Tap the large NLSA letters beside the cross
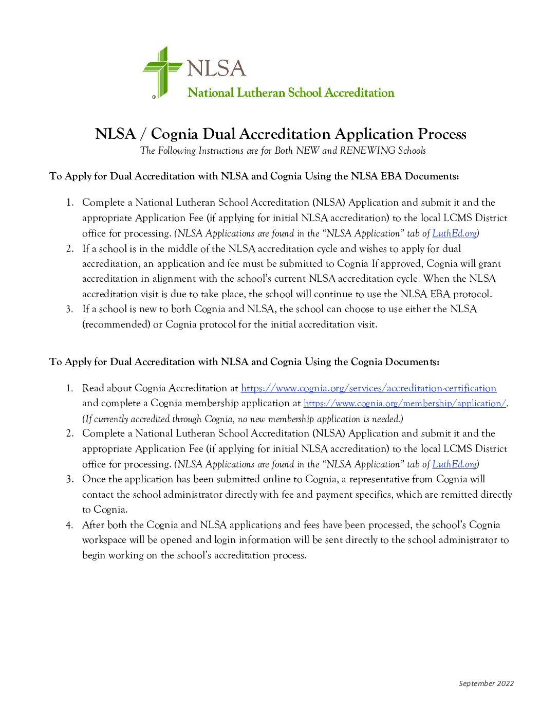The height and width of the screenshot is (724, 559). (x=216, y=68)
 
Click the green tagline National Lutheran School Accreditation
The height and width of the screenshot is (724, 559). (x=291, y=93)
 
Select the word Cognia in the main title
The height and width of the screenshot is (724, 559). (x=174, y=134)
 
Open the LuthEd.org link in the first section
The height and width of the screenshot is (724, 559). (x=454, y=233)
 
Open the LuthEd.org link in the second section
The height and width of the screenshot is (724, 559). (x=454, y=464)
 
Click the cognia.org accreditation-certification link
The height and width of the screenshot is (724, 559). (x=368, y=388)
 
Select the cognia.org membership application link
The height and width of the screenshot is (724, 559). (x=405, y=404)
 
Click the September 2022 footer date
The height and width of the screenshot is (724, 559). (x=486, y=683)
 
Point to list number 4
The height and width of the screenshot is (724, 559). (x=69, y=525)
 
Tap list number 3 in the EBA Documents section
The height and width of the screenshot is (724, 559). (x=69, y=309)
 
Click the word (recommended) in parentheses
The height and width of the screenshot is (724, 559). (x=116, y=324)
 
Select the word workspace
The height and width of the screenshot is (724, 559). (x=104, y=540)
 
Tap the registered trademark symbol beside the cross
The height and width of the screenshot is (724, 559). (x=154, y=97)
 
